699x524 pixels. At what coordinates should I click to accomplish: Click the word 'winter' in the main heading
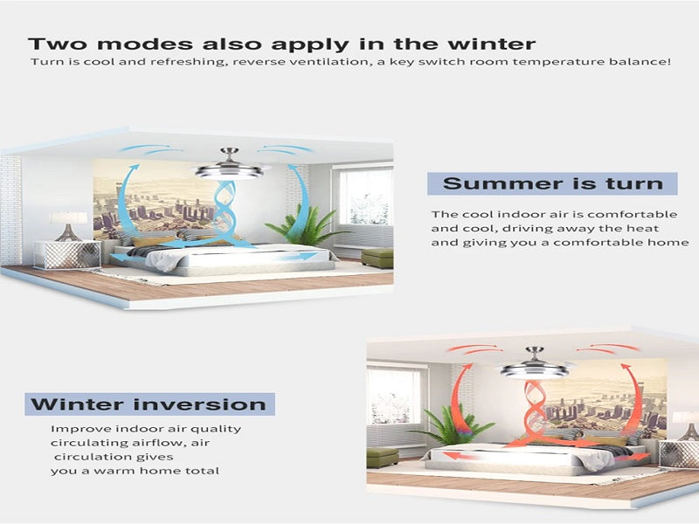click(x=491, y=45)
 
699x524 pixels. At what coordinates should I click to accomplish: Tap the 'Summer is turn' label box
click(x=552, y=183)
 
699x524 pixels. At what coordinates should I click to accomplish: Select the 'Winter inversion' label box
click(x=149, y=404)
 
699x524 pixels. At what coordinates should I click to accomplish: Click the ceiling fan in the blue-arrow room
click(x=229, y=164)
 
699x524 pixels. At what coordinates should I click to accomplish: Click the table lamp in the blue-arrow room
click(x=68, y=226)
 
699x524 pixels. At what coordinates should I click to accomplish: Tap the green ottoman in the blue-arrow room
click(x=377, y=258)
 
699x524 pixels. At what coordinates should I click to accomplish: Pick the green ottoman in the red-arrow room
click(x=383, y=457)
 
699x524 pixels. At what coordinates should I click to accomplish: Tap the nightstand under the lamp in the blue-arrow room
click(x=68, y=255)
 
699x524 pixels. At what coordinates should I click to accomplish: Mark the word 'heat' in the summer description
click(x=643, y=229)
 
